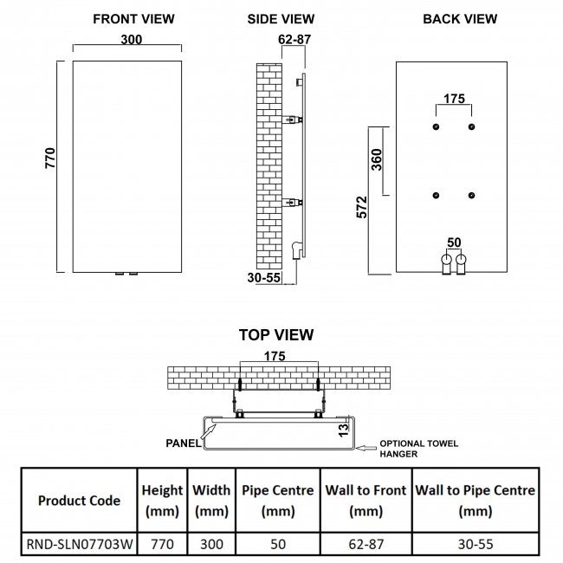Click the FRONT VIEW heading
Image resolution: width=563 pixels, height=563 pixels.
(133, 18)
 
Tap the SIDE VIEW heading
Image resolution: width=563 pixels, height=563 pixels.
(281, 18)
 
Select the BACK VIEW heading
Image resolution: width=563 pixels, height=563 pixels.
(460, 18)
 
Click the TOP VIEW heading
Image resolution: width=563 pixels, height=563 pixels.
(276, 334)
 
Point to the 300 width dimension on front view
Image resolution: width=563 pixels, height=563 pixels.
(132, 40)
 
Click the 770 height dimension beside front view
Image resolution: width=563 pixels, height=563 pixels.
(50, 157)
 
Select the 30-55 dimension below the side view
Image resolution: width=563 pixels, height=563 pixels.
(263, 278)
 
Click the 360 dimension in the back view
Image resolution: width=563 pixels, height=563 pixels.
(377, 159)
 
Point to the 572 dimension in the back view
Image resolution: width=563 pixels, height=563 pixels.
(362, 207)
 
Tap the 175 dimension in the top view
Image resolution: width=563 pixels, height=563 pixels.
(274, 355)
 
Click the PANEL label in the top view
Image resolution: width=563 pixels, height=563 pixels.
(183, 443)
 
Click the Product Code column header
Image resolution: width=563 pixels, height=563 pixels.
(79, 500)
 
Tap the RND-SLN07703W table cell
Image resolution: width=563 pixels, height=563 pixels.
(79, 544)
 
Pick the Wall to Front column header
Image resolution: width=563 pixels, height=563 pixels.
(366, 500)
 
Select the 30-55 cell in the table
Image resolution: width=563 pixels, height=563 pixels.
(476, 544)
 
